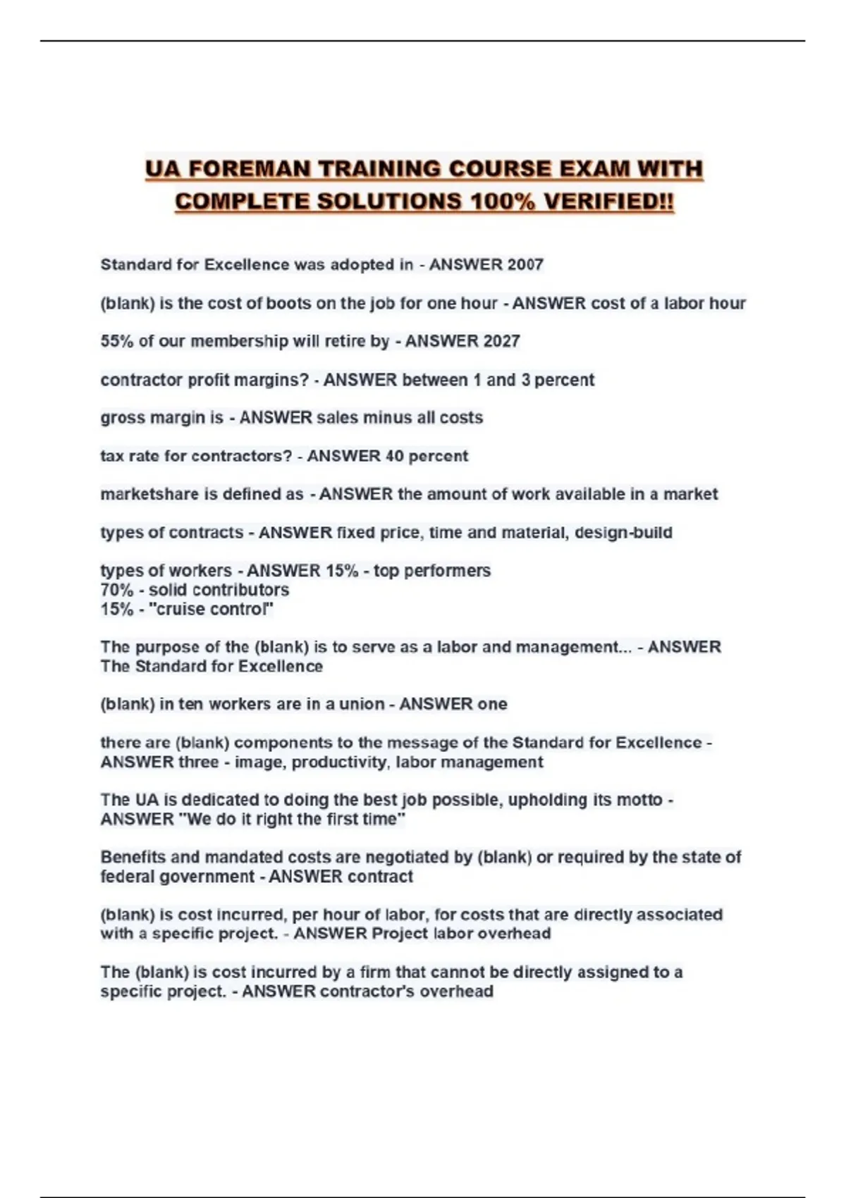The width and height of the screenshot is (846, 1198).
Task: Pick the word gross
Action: click(x=123, y=418)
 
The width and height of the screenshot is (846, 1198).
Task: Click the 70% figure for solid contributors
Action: click(x=116, y=590)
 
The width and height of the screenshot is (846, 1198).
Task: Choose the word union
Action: click(x=362, y=704)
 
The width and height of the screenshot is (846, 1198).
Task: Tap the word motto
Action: click(x=639, y=800)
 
